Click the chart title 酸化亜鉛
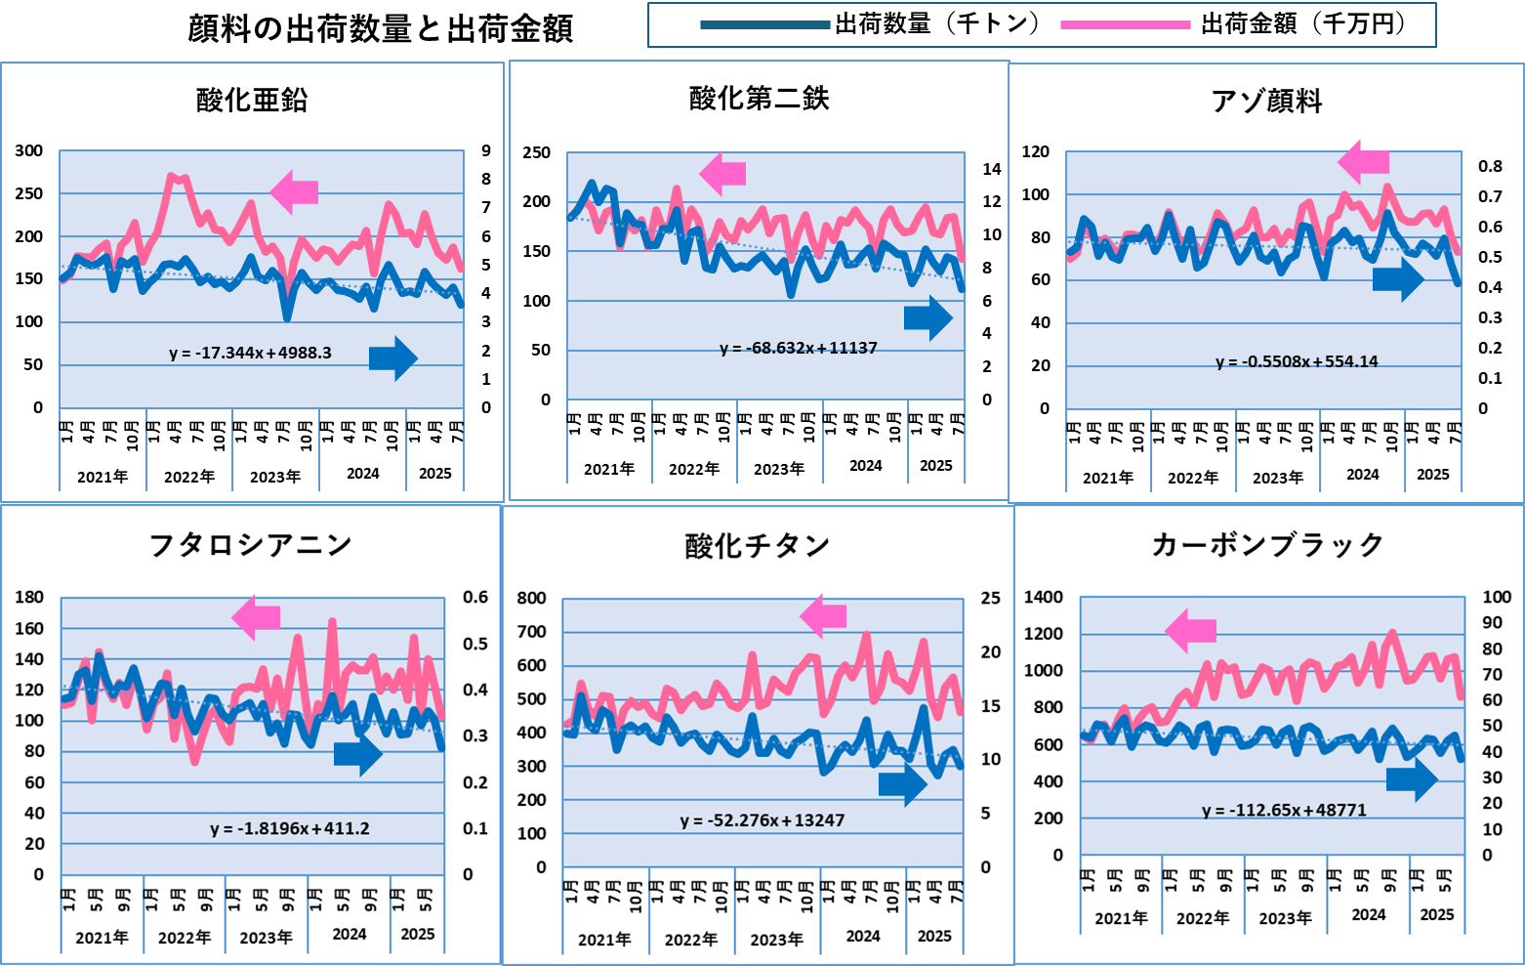(252, 100)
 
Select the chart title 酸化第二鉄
(759, 98)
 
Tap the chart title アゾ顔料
(1266, 101)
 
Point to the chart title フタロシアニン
(250, 544)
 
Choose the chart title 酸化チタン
(757, 545)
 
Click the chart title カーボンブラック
(1267, 544)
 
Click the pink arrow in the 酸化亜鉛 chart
(294, 191)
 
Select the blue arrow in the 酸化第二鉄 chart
(927, 317)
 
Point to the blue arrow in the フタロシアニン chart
(357, 753)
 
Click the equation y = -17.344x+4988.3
(250, 353)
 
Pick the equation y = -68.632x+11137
(798, 348)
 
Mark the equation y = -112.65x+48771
(1284, 810)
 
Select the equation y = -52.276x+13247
(762, 820)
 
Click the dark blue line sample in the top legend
(765, 25)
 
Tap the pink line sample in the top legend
(1125, 25)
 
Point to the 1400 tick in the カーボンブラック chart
(1043, 597)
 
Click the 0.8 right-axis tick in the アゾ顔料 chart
(1490, 166)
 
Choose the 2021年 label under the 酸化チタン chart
(604, 940)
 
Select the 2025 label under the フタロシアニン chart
(418, 934)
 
